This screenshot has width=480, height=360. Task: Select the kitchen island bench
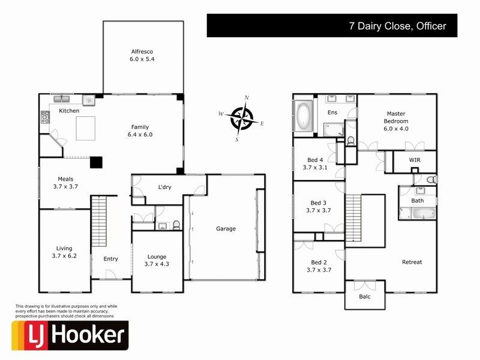pos(86,128)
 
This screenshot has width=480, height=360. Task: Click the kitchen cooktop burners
pos(45,118)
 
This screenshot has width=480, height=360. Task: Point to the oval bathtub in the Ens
pos(304,115)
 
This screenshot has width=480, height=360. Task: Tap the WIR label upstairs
pos(415,160)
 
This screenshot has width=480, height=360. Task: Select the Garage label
pos(226,229)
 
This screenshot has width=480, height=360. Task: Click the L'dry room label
pos(164,187)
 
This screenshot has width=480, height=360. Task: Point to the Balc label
pos(365,296)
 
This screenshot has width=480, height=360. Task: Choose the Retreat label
pos(412,262)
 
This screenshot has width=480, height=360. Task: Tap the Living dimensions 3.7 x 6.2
pos(64,256)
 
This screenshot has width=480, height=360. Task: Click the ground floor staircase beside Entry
pos(99,222)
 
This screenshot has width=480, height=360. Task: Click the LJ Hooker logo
pos(70,335)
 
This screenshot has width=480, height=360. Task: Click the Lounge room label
pos(156,256)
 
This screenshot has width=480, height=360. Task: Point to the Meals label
pos(65,178)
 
